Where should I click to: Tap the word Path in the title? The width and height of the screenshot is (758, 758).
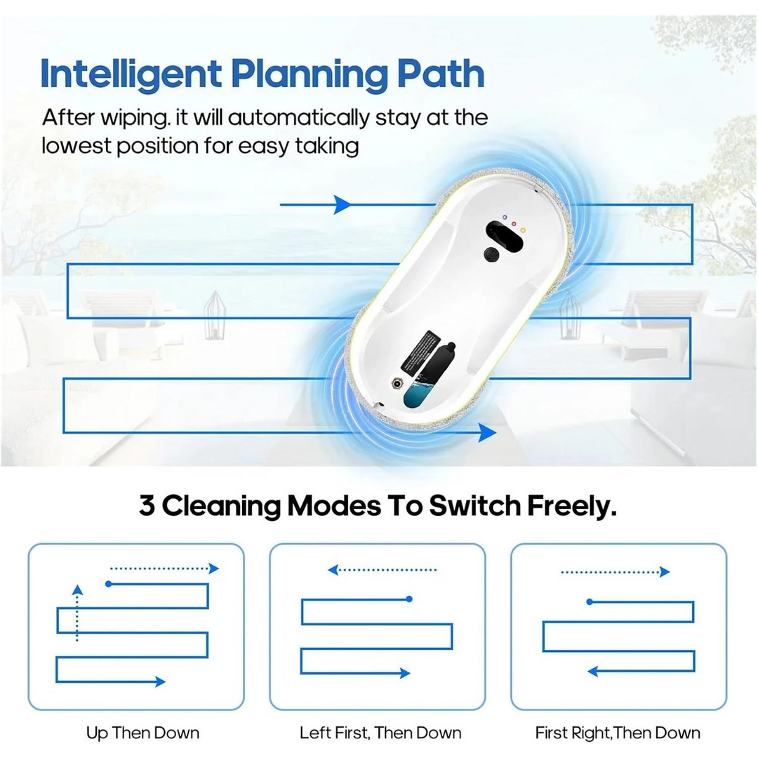coord(440,73)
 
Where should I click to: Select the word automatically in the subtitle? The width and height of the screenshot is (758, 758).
coord(298,119)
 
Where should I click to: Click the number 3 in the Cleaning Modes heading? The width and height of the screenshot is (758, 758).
coord(147,505)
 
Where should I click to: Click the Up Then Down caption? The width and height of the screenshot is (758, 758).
coord(142,733)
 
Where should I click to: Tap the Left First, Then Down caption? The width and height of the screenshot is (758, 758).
coord(380,733)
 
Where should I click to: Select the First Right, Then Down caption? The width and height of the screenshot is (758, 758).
coord(618,733)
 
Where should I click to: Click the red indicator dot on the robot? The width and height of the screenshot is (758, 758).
coord(514,224)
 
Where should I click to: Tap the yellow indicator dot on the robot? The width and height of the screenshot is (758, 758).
coord(523,230)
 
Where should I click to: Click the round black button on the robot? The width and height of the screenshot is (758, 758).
coord(491,255)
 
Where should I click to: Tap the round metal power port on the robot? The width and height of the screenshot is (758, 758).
coord(397,383)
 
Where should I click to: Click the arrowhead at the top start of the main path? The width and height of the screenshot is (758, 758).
coord(343,204)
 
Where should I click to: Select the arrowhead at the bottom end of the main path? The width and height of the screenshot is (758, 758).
coord(487,432)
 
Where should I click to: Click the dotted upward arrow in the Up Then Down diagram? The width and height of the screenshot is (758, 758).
coord(77,613)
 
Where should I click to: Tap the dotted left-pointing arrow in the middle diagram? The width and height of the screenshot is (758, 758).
coord(382,570)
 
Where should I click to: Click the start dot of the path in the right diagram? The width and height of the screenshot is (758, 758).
coord(590,602)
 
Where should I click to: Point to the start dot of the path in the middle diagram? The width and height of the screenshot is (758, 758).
coord(409,599)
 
